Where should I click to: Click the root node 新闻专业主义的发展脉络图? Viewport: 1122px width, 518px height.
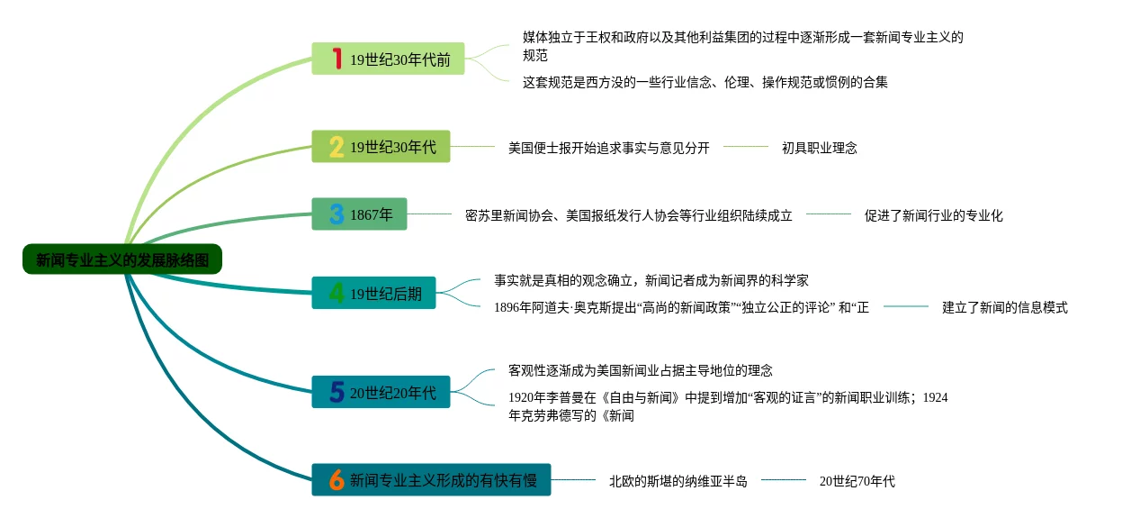click(121, 259)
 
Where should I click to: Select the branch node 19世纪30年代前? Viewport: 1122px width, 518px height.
click(388, 59)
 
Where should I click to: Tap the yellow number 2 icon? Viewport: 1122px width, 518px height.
click(336, 147)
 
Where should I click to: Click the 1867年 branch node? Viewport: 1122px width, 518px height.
click(359, 214)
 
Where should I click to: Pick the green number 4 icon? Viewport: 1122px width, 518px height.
click(336, 293)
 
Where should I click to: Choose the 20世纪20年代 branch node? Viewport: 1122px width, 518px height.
click(381, 392)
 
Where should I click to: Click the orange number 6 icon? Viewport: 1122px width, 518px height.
click(336, 480)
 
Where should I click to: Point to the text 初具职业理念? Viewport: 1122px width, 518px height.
click(819, 148)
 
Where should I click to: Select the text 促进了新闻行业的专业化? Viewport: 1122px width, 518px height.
click(933, 215)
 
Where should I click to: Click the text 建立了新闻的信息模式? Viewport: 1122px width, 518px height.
click(1004, 307)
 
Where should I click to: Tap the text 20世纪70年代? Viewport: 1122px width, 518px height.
click(857, 481)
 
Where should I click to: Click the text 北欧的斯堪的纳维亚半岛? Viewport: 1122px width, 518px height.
click(678, 481)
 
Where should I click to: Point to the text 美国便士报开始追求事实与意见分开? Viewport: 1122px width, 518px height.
click(608, 148)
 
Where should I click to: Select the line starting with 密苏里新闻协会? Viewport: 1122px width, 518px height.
click(628, 215)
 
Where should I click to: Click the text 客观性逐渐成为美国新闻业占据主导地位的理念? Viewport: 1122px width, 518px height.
click(640, 370)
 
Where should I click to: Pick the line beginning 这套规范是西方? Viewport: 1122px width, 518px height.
click(705, 82)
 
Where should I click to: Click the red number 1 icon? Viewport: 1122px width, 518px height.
click(337, 59)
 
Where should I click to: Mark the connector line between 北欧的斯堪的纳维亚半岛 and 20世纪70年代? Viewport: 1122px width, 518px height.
click(783, 480)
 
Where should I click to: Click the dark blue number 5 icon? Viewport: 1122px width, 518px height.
click(337, 392)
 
